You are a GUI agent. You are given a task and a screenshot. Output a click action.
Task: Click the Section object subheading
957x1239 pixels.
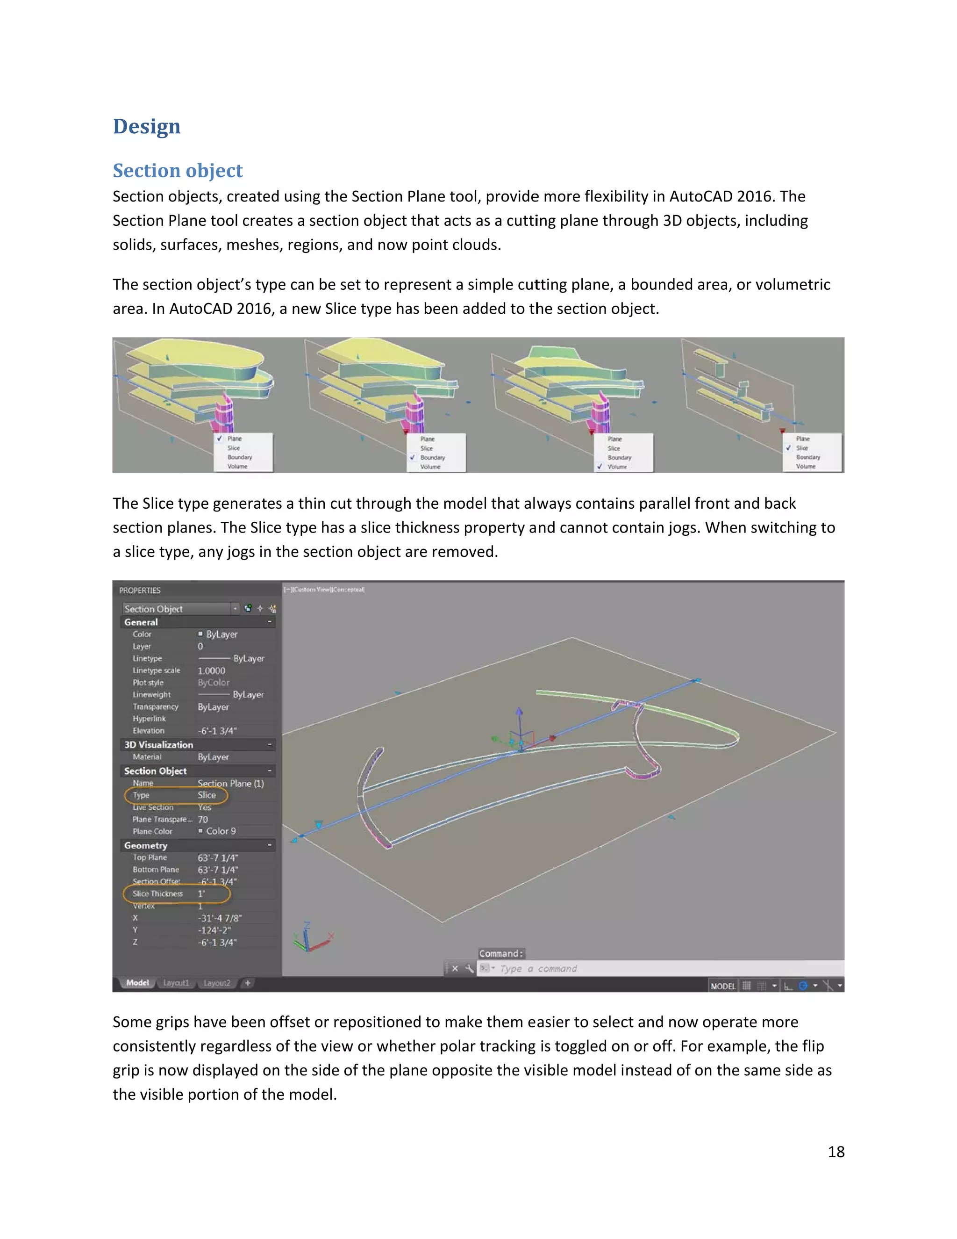[x=178, y=170]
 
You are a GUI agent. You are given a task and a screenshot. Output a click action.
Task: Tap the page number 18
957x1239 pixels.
[x=836, y=1152]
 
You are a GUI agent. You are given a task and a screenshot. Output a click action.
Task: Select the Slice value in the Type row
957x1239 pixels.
[x=207, y=795]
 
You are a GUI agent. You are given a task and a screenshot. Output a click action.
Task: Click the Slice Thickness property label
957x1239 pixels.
[x=157, y=893]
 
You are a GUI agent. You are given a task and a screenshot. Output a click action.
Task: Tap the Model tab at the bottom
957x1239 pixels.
[x=137, y=983]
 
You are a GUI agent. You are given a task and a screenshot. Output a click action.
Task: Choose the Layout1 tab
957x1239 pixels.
[x=176, y=983]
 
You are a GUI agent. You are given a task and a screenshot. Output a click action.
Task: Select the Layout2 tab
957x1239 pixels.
[x=216, y=983]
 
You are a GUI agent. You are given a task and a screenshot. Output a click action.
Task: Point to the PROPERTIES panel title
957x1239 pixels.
[x=139, y=591]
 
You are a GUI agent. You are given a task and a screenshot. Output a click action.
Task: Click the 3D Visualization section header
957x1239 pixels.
[x=159, y=745]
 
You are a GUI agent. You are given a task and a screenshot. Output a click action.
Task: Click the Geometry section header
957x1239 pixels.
[x=146, y=845]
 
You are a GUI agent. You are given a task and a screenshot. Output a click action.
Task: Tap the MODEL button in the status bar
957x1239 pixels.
[x=723, y=986]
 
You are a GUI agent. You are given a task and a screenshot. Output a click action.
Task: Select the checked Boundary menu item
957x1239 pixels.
[x=433, y=458]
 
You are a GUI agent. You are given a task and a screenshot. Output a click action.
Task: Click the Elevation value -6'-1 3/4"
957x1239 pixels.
[x=217, y=731]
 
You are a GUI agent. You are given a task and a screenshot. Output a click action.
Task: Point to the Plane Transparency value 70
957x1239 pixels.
[x=203, y=819]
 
